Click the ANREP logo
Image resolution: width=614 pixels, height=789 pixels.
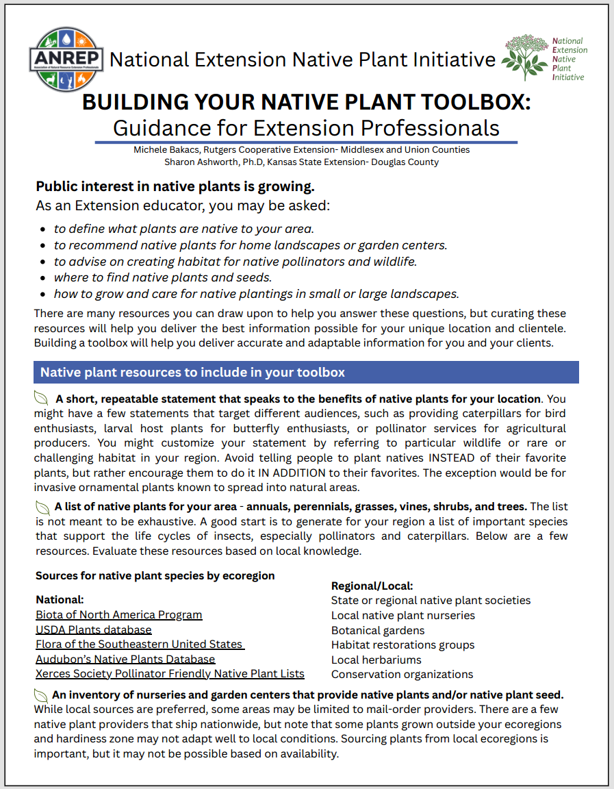point(66,59)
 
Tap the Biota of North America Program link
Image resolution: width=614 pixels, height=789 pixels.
point(119,614)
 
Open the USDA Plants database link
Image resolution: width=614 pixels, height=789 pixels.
point(94,629)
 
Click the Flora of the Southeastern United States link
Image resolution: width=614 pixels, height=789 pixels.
point(140,644)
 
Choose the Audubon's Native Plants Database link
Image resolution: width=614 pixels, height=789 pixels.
point(125,659)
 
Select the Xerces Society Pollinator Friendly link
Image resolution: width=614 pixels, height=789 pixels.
point(170,674)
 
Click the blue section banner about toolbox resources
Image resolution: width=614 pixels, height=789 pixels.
point(306,373)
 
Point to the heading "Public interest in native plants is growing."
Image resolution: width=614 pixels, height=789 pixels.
point(175,187)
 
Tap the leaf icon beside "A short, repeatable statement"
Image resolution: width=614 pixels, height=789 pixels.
point(42,399)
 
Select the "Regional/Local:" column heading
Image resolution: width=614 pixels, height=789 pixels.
point(372,586)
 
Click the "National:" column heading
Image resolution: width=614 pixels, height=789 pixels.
point(60,599)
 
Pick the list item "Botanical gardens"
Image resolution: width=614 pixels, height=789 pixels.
point(378,630)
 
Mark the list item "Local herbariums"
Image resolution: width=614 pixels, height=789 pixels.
point(376,660)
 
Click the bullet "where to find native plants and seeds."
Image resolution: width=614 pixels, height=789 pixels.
point(163,277)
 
